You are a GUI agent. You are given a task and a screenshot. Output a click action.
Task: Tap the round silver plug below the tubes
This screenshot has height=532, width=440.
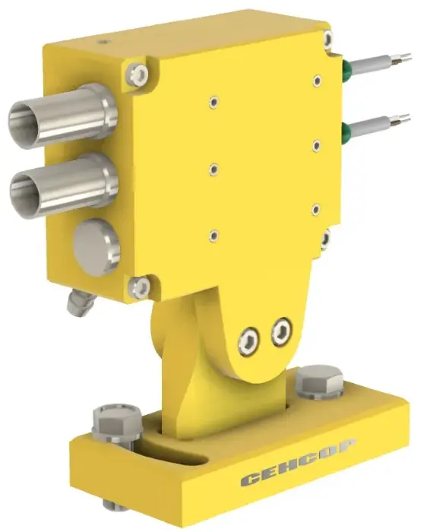(97, 247)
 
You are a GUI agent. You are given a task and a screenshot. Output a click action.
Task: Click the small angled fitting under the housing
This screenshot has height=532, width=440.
(81, 301)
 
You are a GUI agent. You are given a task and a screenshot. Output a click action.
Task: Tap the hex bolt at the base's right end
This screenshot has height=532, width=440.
(319, 382)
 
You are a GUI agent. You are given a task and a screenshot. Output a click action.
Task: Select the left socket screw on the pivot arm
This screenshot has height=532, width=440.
(248, 341)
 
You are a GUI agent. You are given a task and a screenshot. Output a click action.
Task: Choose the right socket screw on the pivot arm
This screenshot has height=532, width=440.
(282, 331)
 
